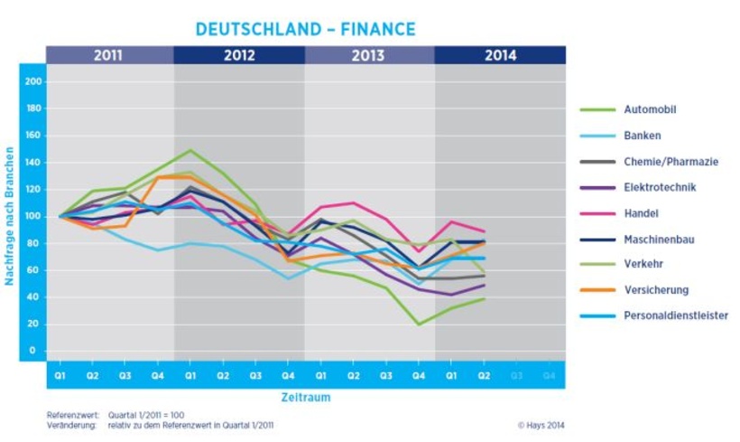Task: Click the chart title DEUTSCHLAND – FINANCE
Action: pyautogui.click(x=305, y=29)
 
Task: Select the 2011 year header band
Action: pyautogui.click(x=108, y=55)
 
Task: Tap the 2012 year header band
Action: pyautogui.click(x=238, y=55)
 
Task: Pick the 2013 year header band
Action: pyautogui.click(x=369, y=55)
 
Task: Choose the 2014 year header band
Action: pyautogui.click(x=500, y=55)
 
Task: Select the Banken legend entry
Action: pyautogui.click(x=643, y=136)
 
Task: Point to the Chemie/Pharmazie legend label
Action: pyautogui.click(x=671, y=162)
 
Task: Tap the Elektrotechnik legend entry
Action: pyautogui.click(x=660, y=188)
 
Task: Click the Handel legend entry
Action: pyautogui.click(x=640, y=213)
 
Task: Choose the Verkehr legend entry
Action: pyautogui.click(x=642, y=264)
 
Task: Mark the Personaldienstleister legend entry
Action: pyautogui.click(x=675, y=315)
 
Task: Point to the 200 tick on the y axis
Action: pyautogui.click(x=33, y=81)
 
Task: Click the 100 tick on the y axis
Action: pyautogui.click(x=33, y=216)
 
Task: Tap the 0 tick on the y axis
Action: pyautogui.click(x=33, y=350)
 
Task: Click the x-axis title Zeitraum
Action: pyautogui.click(x=305, y=397)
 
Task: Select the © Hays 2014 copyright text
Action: pyautogui.click(x=541, y=424)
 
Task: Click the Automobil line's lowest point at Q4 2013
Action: pyautogui.click(x=419, y=324)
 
